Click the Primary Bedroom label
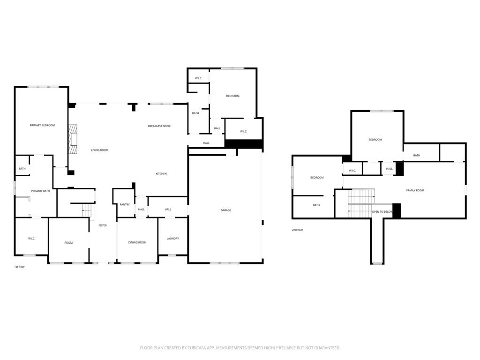click(42, 125)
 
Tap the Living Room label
click(99, 150)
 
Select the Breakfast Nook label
click(159, 126)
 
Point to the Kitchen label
click(161, 174)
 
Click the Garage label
click(225, 210)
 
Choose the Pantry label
click(124, 204)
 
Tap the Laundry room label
click(172, 239)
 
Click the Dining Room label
click(137, 242)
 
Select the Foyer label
click(102, 225)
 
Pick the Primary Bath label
click(40, 191)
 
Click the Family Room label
click(415, 190)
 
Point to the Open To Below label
click(382, 212)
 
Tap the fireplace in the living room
click(72, 139)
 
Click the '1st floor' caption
click(19, 266)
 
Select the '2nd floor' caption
click(297, 230)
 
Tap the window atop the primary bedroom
click(43, 87)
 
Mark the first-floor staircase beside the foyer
click(87, 211)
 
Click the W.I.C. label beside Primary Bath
click(31, 239)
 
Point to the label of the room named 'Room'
click(68, 242)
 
